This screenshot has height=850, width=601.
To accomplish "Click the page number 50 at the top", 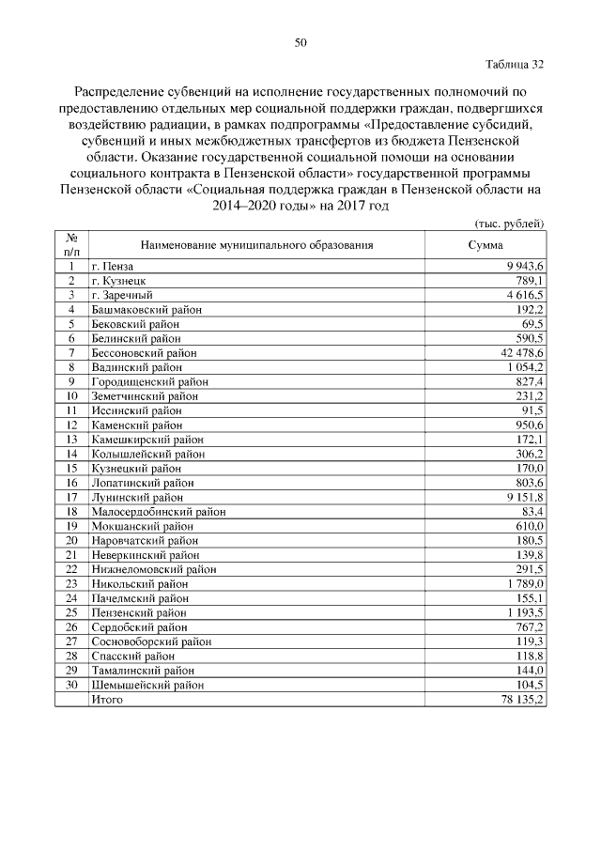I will pyautogui.click(x=300, y=42).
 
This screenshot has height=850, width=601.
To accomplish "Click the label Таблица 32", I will pyautogui.click(x=515, y=65).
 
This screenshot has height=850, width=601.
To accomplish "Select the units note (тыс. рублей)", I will pyautogui.click(x=507, y=223).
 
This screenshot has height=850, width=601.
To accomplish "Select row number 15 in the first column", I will pyautogui.click(x=70, y=468).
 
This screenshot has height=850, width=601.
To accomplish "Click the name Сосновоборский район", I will pyautogui.click(x=151, y=641).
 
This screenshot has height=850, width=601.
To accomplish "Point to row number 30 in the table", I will pyautogui.click(x=70, y=686).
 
